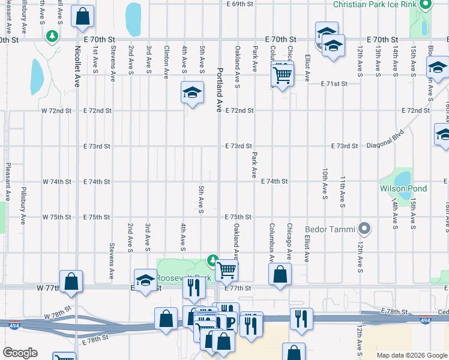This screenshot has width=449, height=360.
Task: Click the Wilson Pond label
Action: click(403, 188)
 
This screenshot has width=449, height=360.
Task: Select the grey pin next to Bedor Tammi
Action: click(364, 229)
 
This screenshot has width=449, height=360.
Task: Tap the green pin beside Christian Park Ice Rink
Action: click(425, 5)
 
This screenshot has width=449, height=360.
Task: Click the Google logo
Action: click(20, 353)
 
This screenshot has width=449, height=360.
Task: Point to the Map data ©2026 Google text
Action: click(412, 355)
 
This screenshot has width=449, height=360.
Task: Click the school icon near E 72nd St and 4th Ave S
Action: click(193, 92)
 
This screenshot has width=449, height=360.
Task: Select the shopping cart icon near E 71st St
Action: click(282, 75)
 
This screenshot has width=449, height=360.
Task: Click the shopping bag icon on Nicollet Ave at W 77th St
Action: click(71, 281)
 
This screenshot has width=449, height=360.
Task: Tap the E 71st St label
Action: click(334, 83)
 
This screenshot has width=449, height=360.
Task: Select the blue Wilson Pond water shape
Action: click(402, 178)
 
